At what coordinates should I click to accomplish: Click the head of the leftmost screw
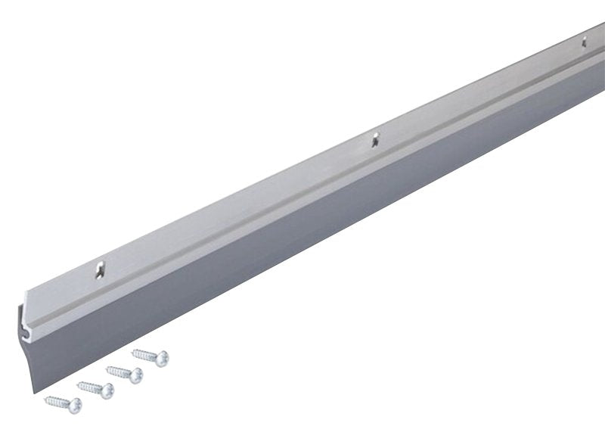point(75,405)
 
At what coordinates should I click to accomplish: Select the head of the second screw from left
point(107,390)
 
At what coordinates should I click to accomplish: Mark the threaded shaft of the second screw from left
point(90,386)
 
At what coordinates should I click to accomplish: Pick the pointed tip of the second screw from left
point(77,384)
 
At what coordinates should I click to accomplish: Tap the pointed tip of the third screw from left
point(107,368)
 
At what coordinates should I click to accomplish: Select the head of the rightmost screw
point(161,358)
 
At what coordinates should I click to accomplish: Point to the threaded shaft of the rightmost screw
point(146,354)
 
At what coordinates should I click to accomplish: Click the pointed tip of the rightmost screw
point(133,351)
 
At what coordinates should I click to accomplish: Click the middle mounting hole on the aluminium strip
point(373,138)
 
